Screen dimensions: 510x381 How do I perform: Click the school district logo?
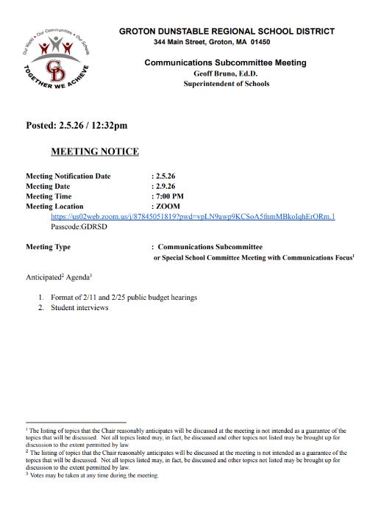click(x=57, y=65)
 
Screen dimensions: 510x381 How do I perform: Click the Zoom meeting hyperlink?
click(x=193, y=218)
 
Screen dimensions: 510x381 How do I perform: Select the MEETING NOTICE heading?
click(x=94, y=151)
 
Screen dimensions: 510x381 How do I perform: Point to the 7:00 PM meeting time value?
click(x=170, y=197)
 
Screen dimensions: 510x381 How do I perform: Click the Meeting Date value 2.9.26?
click(x=165, y=187)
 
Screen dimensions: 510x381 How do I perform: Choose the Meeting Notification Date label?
click(x=68, y=176)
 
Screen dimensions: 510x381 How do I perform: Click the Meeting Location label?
click(x=55, y=207)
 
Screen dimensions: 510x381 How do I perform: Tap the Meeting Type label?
click(x=49, y=248)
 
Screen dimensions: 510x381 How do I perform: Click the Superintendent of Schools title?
click(x=227, y=84)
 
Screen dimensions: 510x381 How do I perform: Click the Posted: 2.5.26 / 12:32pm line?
click(x=76, y=125)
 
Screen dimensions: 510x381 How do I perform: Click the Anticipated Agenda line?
click(x=60, y=278)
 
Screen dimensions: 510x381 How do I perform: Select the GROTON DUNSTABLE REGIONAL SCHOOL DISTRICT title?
click(x=227, y=32)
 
